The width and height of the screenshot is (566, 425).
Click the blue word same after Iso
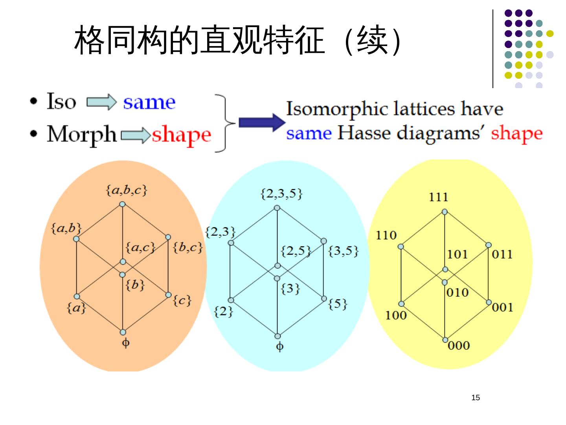149,102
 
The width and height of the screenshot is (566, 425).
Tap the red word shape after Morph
181,135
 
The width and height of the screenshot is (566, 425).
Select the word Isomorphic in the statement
337,109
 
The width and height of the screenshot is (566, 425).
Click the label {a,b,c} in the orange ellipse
126,190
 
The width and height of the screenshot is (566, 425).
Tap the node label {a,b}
66,228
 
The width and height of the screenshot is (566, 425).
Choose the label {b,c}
188,247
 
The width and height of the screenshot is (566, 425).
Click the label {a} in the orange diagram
76,307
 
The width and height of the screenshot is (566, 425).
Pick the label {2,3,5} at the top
281,193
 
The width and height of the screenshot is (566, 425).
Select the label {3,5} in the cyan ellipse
343,251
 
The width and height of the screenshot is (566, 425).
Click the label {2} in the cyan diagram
223,312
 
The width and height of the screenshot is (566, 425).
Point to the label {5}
338,303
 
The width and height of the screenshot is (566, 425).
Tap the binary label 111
438,197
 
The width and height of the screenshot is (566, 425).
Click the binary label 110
386,235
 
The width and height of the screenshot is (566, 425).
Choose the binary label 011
502,254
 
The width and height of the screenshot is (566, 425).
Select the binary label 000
459,346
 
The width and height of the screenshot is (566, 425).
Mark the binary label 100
396,315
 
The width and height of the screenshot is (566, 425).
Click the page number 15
476,397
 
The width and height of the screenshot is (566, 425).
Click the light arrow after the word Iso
101,102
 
